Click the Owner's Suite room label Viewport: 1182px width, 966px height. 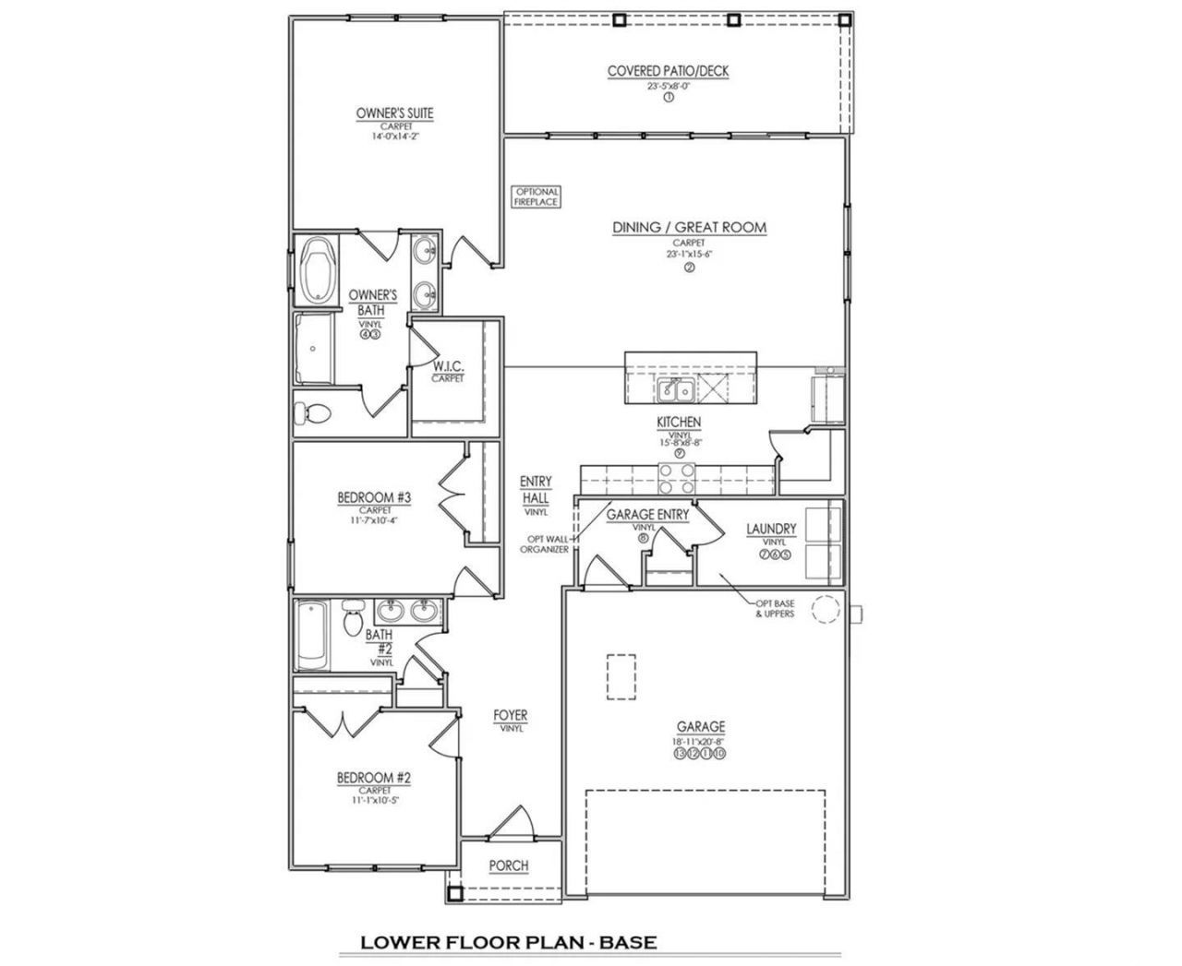click(394, 113)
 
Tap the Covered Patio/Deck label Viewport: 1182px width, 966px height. click(668, 71)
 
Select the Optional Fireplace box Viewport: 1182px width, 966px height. click(537, 197)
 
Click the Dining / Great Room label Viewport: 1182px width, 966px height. click(689, 227)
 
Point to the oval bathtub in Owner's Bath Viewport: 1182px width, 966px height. click(317, 270)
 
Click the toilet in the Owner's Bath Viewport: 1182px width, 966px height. click(313, 413)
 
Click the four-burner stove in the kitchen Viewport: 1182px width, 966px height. click(677, 478)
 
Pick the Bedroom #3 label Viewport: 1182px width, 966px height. click(373, 498)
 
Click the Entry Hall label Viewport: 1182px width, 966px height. click(536, 489)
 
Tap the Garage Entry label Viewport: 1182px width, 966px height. click(647, 515)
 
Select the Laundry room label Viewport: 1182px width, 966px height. click(771, 529)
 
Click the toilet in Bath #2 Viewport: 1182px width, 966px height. click(352, 618)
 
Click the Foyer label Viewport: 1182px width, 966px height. click(511, 715)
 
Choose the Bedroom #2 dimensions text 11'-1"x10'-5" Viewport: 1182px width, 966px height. click(373, 801)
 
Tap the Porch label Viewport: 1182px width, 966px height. click(509, 865)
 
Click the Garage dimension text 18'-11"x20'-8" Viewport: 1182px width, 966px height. click(700, 741)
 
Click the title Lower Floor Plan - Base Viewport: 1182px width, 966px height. click(508, 942)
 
